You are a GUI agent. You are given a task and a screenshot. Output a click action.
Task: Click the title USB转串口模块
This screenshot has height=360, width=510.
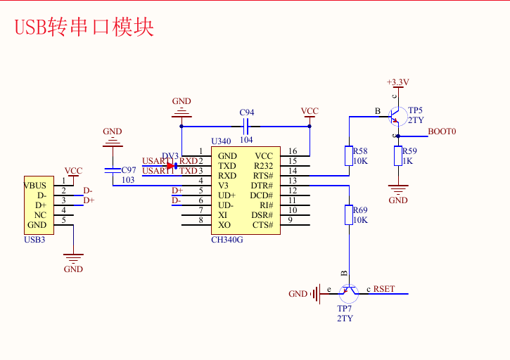(84, 27)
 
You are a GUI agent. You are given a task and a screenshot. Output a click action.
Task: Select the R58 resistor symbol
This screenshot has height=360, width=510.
(349, 155)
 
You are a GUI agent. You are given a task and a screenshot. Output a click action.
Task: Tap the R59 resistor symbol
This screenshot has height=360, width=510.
(398, 155)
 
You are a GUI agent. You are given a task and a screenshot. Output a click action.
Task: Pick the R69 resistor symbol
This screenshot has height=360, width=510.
(349, 214)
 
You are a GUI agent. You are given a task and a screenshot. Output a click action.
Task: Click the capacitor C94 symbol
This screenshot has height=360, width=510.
(246, 127)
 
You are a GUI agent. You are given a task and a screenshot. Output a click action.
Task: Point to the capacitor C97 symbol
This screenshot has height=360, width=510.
(112, 170)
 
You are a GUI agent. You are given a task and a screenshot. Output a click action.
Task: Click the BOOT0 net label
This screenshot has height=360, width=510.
(442, 131)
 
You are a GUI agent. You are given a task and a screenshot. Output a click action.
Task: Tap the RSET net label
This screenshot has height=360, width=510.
(384, 289)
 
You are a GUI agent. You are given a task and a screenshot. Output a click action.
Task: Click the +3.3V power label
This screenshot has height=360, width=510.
(397, 82)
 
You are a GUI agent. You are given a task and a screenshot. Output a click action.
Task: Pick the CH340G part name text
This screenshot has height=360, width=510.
(227, 239)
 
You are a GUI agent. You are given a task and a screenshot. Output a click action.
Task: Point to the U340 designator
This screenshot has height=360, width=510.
(221, 141)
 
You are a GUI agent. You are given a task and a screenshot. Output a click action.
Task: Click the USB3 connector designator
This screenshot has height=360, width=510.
(34, 239)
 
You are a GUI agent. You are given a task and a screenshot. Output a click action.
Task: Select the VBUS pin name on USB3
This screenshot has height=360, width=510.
(35, 186)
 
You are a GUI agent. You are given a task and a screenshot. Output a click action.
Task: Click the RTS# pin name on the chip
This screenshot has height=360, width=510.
(262, 176)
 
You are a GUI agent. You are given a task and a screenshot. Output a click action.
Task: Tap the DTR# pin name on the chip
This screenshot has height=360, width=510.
(262, 186)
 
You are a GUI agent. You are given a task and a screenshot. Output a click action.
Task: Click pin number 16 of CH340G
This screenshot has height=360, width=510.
(293, 151)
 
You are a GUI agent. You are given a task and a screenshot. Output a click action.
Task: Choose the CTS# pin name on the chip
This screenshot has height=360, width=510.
(262, 225)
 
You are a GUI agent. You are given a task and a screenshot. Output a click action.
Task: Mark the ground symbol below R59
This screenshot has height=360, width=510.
(398, 188)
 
